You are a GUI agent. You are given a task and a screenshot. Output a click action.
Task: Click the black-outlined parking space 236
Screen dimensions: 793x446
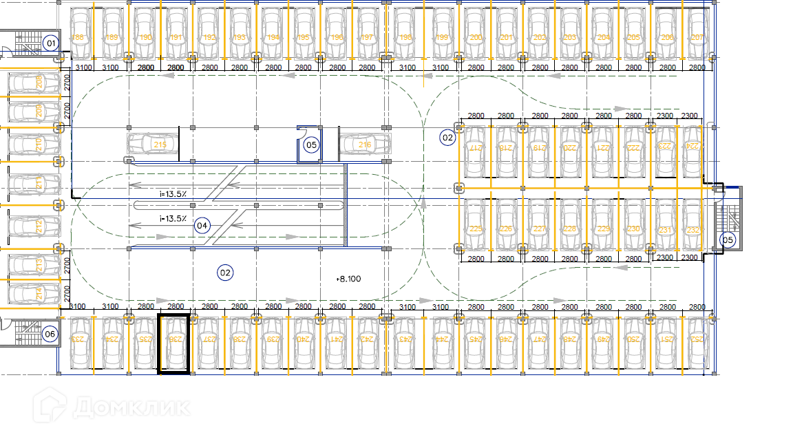(174, 343)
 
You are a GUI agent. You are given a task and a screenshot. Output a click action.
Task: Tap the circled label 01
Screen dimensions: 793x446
(50, 43)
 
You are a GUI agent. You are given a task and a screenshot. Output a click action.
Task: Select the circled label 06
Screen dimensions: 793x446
(50, 334)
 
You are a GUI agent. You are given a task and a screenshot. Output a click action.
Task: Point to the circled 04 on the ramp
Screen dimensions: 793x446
(202, 225)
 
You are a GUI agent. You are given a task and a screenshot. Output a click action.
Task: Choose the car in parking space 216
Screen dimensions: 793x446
(365, 145)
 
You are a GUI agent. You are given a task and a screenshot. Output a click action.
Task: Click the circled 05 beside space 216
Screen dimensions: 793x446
(311, 145)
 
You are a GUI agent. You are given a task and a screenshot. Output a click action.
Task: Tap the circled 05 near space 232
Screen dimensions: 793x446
(728, 240)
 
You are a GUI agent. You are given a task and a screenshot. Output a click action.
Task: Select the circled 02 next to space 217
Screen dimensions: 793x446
(447, 138)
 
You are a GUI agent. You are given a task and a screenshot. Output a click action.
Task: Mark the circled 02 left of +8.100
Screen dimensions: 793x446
(224, 273)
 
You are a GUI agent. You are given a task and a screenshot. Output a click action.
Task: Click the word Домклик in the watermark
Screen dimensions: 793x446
(131, 406)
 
